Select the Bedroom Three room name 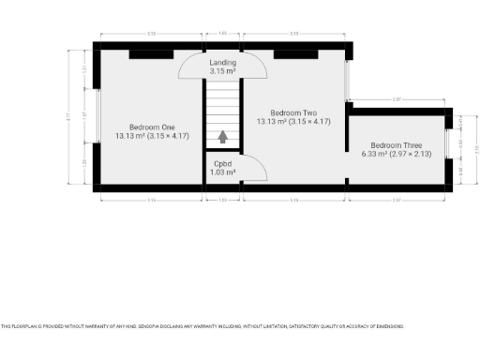point(397,145)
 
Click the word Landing point(222,63)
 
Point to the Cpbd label point(222,163)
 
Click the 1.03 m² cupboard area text point(222,172)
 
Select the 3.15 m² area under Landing point(222,71)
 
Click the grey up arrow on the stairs point(223,137)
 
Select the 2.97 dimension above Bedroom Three point(397,98)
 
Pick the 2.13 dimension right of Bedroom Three point(475,148)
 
